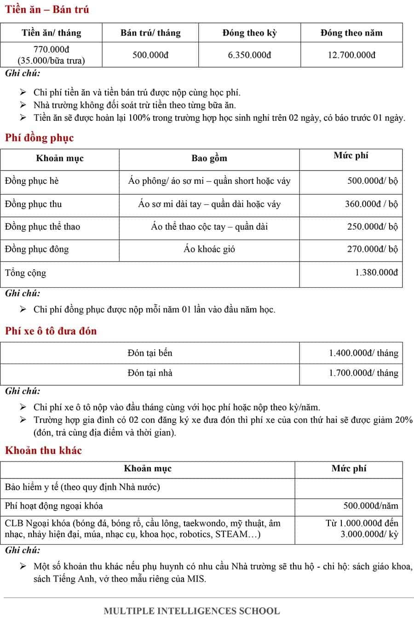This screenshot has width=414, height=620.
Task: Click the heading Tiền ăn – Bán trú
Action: pyautogui.click(x=47, y=9)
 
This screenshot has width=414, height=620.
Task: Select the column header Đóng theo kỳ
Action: pyautogui.click(x=249, y=33)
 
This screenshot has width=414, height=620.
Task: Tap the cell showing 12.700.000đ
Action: pyautogui.click(x=351, y=55)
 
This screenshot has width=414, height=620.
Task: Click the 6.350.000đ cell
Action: pyautogui.click(x=249, y=55)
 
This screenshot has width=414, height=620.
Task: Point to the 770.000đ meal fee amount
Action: pyautogui.click(x=51, y=50)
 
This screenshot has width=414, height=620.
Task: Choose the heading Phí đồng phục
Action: pyautogui.click(x=39, y=138)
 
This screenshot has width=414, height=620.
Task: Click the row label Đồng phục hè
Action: pyautogui.click(x=32, y=181)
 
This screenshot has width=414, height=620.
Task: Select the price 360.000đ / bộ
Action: pyautogui.click(x=371, y=204)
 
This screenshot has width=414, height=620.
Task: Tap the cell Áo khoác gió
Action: pyautogui.click(x=209, y=249)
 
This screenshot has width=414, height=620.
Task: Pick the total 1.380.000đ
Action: pyautogui.click(x=376, y=273)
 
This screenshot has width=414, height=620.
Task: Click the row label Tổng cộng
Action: pyautogui.click(x=26, y=273)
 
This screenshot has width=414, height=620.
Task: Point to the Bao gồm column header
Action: pyautogui.click(x=209, y=159)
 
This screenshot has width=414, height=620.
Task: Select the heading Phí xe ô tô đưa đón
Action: pyautogui.click(x=51, y=331)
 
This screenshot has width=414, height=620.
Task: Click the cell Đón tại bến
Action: pyautogui.click(x=150, y=353)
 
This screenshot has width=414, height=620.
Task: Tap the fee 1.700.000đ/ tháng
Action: pyautogui.click(x=363, y=373)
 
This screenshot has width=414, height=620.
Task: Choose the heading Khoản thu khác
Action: pyautogui.click(x=43, y=450)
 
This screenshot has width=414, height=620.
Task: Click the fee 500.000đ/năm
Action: pyautogui.click(x=371, y=506)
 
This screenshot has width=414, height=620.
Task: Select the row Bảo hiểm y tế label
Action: pyautogui.click(x=82, y=487)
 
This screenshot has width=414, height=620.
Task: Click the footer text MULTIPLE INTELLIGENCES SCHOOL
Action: pyautogui.click(x=191, y=611)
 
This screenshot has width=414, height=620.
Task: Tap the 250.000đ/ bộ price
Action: pyautogui.click(x=372, y=227)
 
